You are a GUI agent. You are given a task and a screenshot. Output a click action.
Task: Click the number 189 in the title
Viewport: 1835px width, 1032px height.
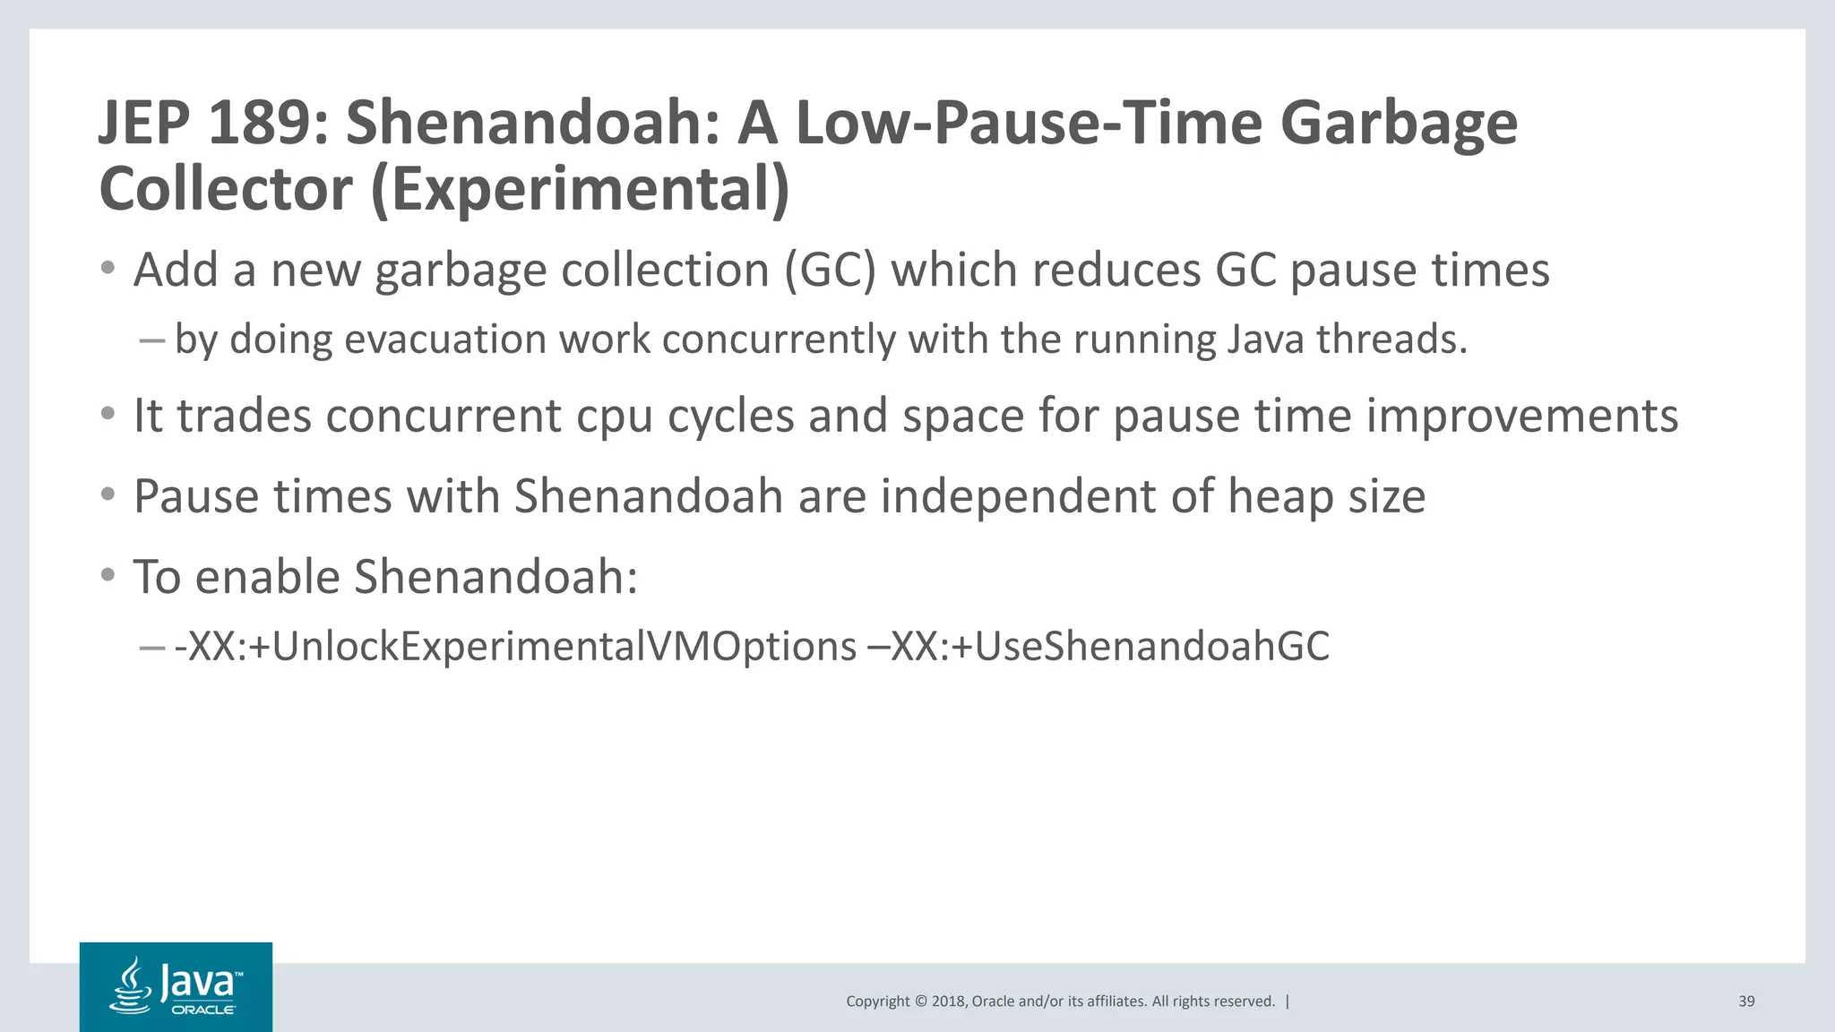(259, 123)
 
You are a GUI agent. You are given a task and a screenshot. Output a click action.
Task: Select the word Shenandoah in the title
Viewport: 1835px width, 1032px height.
(533, 123)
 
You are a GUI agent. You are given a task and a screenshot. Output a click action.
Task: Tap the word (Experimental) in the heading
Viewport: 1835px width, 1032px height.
(580, 189)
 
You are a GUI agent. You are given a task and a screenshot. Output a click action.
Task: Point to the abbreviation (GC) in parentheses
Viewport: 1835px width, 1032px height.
(830, 271)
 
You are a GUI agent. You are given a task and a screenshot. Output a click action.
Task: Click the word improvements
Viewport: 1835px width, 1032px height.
(1521, 417)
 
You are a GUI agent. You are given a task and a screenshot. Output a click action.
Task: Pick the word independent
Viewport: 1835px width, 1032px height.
(1018, 496)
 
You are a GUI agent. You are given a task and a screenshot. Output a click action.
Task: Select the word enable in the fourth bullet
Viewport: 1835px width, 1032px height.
(267, 577)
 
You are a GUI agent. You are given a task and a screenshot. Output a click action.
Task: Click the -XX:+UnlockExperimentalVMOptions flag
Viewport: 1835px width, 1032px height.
(515, 647)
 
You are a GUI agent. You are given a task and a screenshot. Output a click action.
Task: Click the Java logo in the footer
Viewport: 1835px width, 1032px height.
(176, 986)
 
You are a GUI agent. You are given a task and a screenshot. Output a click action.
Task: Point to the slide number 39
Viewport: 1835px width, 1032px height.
(1746, 1002)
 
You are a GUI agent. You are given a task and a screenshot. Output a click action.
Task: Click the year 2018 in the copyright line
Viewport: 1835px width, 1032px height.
(949, 1002)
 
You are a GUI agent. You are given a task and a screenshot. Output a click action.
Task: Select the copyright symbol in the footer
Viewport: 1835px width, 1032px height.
(919, 1002)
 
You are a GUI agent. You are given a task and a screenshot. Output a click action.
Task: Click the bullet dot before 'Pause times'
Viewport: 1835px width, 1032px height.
(108, 495)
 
